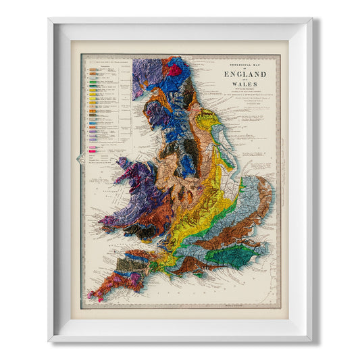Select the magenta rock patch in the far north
tap(175, 69)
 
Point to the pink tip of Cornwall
tap(93, 296)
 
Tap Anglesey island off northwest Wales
tap(125, 164)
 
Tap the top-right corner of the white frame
tap(311, 20)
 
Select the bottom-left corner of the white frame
tap(49, 340)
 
